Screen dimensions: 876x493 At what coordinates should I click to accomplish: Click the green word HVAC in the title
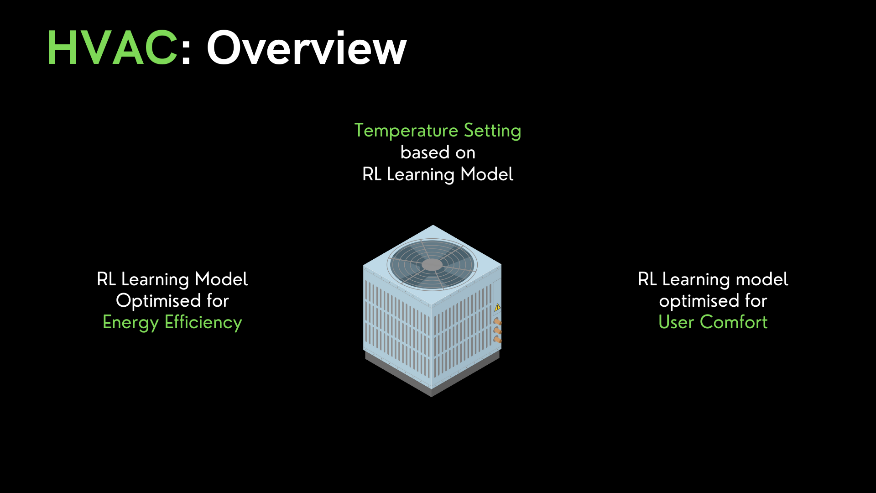112,48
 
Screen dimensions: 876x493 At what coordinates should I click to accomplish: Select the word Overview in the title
306,48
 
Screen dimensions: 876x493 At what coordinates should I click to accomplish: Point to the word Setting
492,131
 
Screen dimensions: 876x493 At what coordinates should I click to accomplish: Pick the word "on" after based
465,153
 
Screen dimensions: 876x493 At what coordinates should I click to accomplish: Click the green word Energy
130,323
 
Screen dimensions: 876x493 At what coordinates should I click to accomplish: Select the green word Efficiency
203,322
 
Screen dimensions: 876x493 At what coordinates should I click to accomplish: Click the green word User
676,322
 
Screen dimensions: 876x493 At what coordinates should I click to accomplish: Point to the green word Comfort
734,322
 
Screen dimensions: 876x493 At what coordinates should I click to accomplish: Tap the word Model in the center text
487,174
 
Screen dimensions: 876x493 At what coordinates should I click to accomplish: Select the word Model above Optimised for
221,279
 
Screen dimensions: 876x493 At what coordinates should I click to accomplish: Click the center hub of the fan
432,265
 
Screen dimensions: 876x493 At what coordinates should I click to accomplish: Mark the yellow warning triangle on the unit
497,307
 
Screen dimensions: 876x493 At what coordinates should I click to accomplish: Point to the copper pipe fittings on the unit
497,330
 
